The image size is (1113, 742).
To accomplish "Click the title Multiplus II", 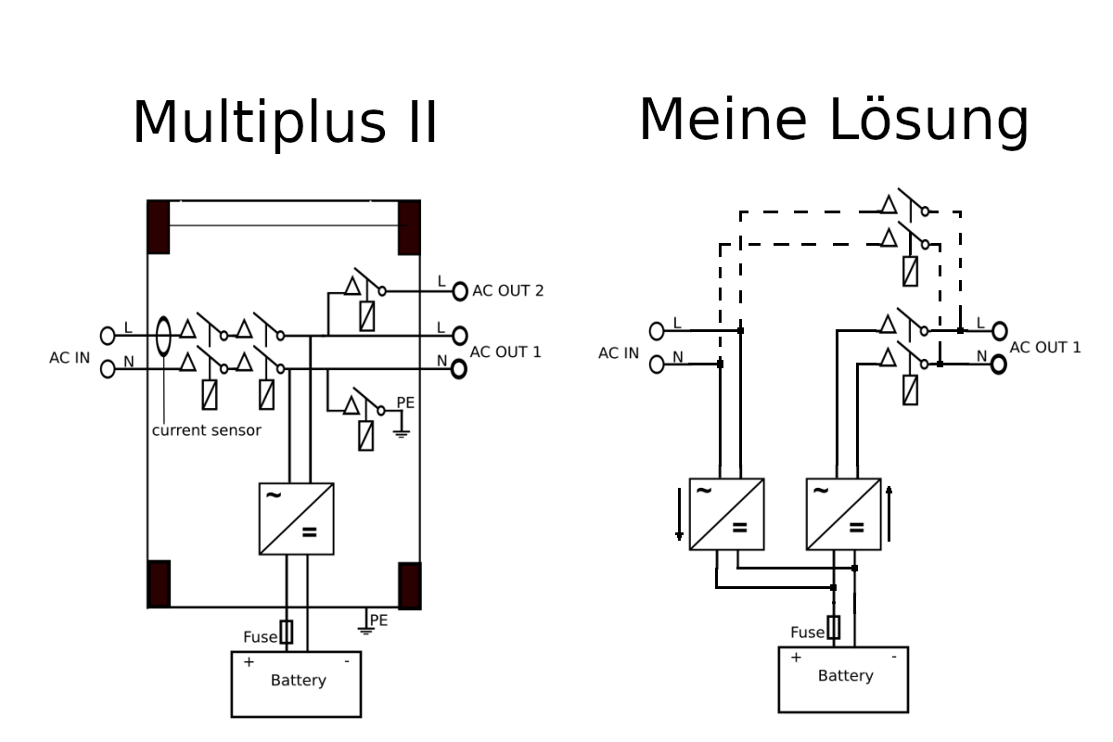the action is point(285,122).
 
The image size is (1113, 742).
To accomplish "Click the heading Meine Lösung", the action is point(834,121).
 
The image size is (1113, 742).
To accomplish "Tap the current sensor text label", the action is point(206,430).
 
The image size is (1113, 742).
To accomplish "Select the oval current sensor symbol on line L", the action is point(163,336).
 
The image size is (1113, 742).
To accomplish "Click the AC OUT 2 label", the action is point(508,290).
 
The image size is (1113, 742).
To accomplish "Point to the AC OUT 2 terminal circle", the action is point(460,291).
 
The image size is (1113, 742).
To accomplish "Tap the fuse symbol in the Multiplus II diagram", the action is point(287,632).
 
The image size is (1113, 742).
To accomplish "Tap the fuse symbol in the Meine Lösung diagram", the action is point(833,627).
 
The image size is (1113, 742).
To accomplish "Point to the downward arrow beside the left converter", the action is point(679,514).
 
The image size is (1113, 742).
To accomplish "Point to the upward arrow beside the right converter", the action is point(889,514).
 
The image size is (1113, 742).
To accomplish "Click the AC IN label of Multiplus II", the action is point(70,358).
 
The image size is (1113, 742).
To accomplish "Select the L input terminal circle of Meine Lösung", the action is point(657,331).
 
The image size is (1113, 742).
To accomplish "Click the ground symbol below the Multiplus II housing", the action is point(366,630).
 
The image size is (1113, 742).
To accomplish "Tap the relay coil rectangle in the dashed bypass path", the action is point(910,272).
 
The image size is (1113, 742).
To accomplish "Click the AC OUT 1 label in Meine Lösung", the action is point(1045,348).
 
